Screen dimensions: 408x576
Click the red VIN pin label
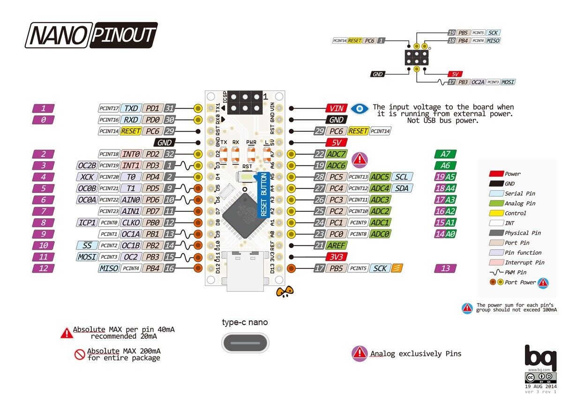coord(337,108)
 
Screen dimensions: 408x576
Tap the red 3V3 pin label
coord(337,256)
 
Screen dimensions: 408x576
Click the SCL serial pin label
coord(402,177)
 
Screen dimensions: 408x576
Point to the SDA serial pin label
coord(402,188)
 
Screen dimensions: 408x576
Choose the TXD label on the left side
coord(131,108)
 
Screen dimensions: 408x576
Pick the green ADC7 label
coord(336,154)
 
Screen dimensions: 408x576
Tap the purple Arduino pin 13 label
coord(445,268)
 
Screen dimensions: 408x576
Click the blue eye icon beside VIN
coord(359,108)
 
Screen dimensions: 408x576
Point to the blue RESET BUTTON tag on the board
coord(263,195)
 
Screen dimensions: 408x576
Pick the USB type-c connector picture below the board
coord(245,343)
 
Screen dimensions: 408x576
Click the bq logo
coord(540,358)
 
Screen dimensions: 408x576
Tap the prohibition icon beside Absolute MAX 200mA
coord(79,354)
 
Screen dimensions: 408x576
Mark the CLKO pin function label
coord(131,223)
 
